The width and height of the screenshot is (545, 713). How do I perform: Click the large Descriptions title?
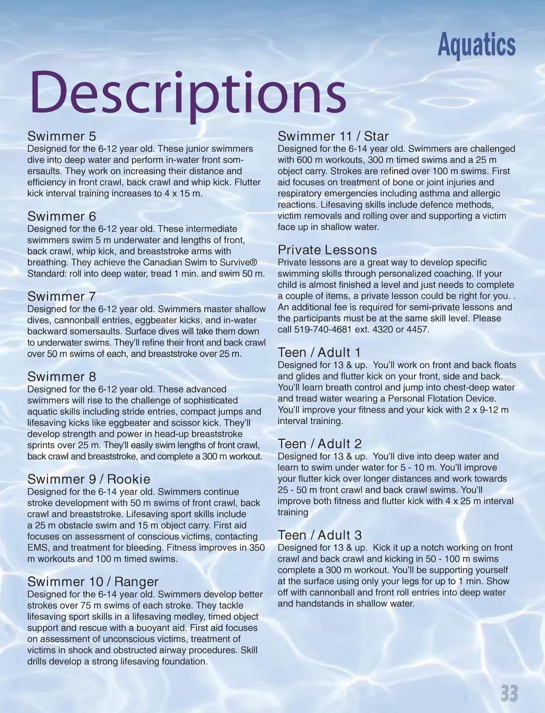(187, 94)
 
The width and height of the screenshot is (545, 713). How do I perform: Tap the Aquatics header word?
(476, 46)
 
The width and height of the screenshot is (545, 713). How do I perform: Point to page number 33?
(509, 694)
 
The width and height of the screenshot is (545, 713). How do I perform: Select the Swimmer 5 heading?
(62, 136)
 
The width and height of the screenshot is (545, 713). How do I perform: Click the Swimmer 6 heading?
(62, 216)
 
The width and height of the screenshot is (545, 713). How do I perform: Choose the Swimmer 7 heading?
(62, 296)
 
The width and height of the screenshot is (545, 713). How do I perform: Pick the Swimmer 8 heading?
(62, 376)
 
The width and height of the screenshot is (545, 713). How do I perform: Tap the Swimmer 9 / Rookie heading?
(89, 479)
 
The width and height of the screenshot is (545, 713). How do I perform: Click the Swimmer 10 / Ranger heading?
(93, 581)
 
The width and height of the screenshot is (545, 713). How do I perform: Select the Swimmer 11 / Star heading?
(333, 136)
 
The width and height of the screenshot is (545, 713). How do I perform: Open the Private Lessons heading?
(327, 250)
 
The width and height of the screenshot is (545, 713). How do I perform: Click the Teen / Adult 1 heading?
(319, 353)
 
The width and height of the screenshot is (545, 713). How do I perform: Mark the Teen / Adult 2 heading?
(319, 444)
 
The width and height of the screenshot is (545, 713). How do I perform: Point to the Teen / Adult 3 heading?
(319, 535)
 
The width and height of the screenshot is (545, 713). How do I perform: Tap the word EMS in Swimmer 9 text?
(38, 548)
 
